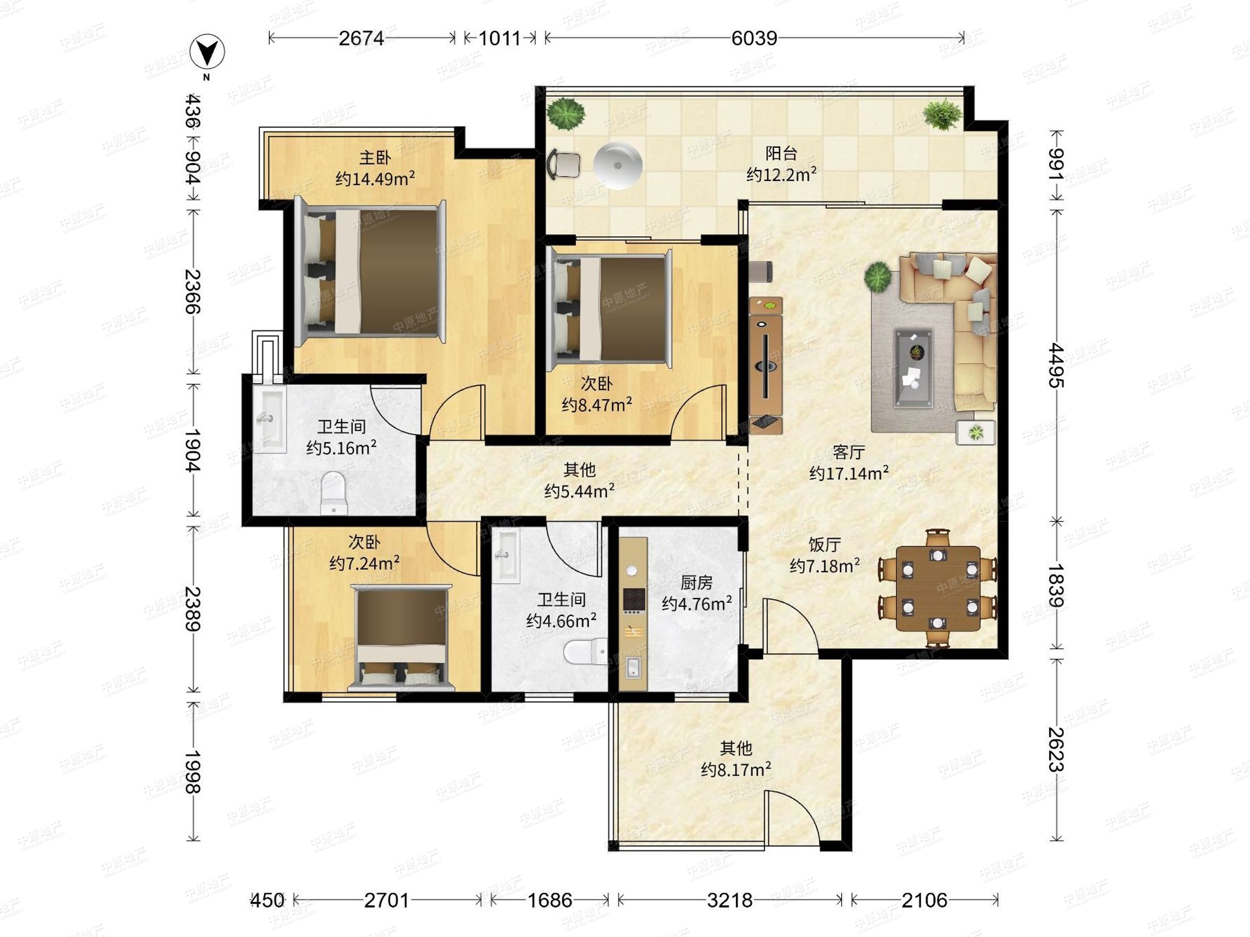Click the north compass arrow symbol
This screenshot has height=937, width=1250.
point(207,53)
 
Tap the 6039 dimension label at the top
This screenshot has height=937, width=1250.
point(754,39)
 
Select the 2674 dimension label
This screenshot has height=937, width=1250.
point(361,39)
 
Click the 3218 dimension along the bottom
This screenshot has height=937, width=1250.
point(730,900)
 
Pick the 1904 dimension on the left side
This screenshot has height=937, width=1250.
point(193,450)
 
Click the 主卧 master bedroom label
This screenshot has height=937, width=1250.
point(374,157)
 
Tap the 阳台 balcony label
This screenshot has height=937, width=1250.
point(782,153)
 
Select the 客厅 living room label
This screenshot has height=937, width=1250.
point(849,452)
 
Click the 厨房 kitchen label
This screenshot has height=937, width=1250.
point(696,583)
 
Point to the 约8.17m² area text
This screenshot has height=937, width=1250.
point(736,769)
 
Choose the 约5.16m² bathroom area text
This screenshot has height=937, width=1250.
point(341,447)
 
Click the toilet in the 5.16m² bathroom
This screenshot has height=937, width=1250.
point(333,493)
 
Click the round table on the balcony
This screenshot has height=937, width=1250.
point(618,165)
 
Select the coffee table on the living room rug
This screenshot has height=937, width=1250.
point(913,368)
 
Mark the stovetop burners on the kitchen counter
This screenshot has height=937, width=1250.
point(633,600)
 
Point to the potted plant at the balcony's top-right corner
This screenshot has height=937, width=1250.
point(942,115)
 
